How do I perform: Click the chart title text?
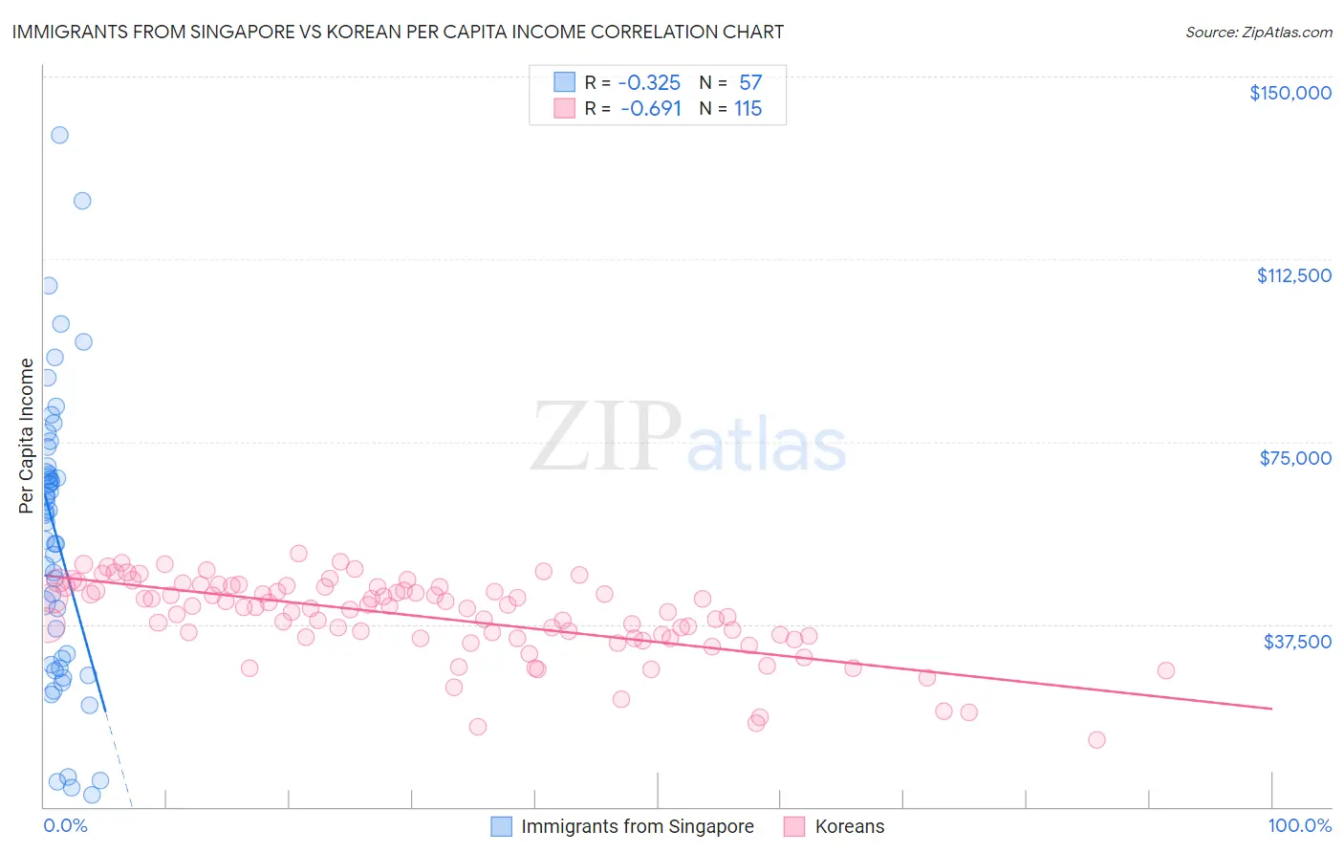397,33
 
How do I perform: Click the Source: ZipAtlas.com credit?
1258,33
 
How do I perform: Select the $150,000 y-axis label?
1290,93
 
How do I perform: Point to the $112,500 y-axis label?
1293,275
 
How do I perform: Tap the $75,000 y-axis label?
1295,458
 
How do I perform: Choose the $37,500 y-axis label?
1297,642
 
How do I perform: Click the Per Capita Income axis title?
27,435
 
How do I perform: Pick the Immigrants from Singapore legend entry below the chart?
637,827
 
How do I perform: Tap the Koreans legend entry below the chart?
849,827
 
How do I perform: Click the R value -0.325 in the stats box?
649,83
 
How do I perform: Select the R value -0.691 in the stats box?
650,109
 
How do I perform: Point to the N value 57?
750,83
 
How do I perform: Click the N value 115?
748,109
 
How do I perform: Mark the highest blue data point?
59,135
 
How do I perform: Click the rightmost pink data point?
1165,670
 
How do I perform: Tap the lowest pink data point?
1096,740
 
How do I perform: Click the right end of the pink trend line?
1271,709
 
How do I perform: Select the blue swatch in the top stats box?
565,82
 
